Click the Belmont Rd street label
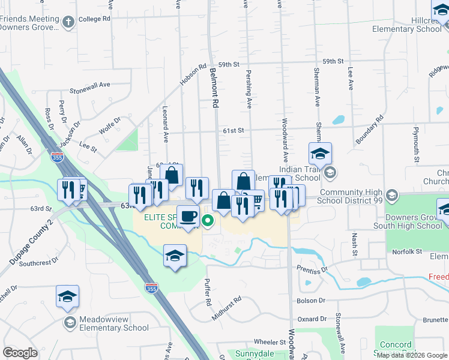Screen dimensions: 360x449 point(213,87)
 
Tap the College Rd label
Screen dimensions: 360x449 point(95,19)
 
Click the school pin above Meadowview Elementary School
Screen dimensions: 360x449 point(68,296)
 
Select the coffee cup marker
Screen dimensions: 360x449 point(188,217)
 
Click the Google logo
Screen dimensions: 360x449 point(20,353)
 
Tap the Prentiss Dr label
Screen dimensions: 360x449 point(311,269)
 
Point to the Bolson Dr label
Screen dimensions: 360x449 point(311,300)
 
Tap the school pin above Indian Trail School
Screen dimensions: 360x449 point(321,154)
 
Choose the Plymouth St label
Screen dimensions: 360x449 point(415,145)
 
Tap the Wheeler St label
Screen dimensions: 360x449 point(269,341)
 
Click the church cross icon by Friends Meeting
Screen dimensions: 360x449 point(68,22)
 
